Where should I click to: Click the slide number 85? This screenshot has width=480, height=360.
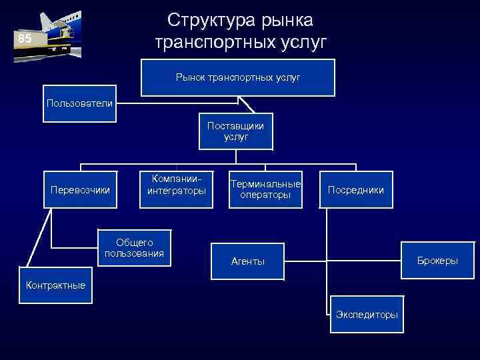[25, 39]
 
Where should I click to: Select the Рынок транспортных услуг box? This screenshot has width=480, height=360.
[238, 78]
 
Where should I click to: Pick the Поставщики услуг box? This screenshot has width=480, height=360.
[235, 131]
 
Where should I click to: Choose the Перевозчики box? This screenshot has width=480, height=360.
[81, 190]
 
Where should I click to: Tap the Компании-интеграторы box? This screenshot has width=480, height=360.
[177, 185]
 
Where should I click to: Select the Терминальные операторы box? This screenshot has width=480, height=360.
[265, 189]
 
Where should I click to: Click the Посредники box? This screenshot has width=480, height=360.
[356, 190]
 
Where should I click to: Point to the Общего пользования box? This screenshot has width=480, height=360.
[134, 248]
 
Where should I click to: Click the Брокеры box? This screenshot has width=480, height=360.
[437, 260]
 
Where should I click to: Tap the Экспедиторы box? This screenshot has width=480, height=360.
[367, 314]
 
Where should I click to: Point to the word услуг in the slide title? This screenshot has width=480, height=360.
[303, 43]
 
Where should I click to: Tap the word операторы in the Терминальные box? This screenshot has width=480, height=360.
[265, 195]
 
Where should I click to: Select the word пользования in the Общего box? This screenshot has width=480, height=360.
[134, 254]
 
